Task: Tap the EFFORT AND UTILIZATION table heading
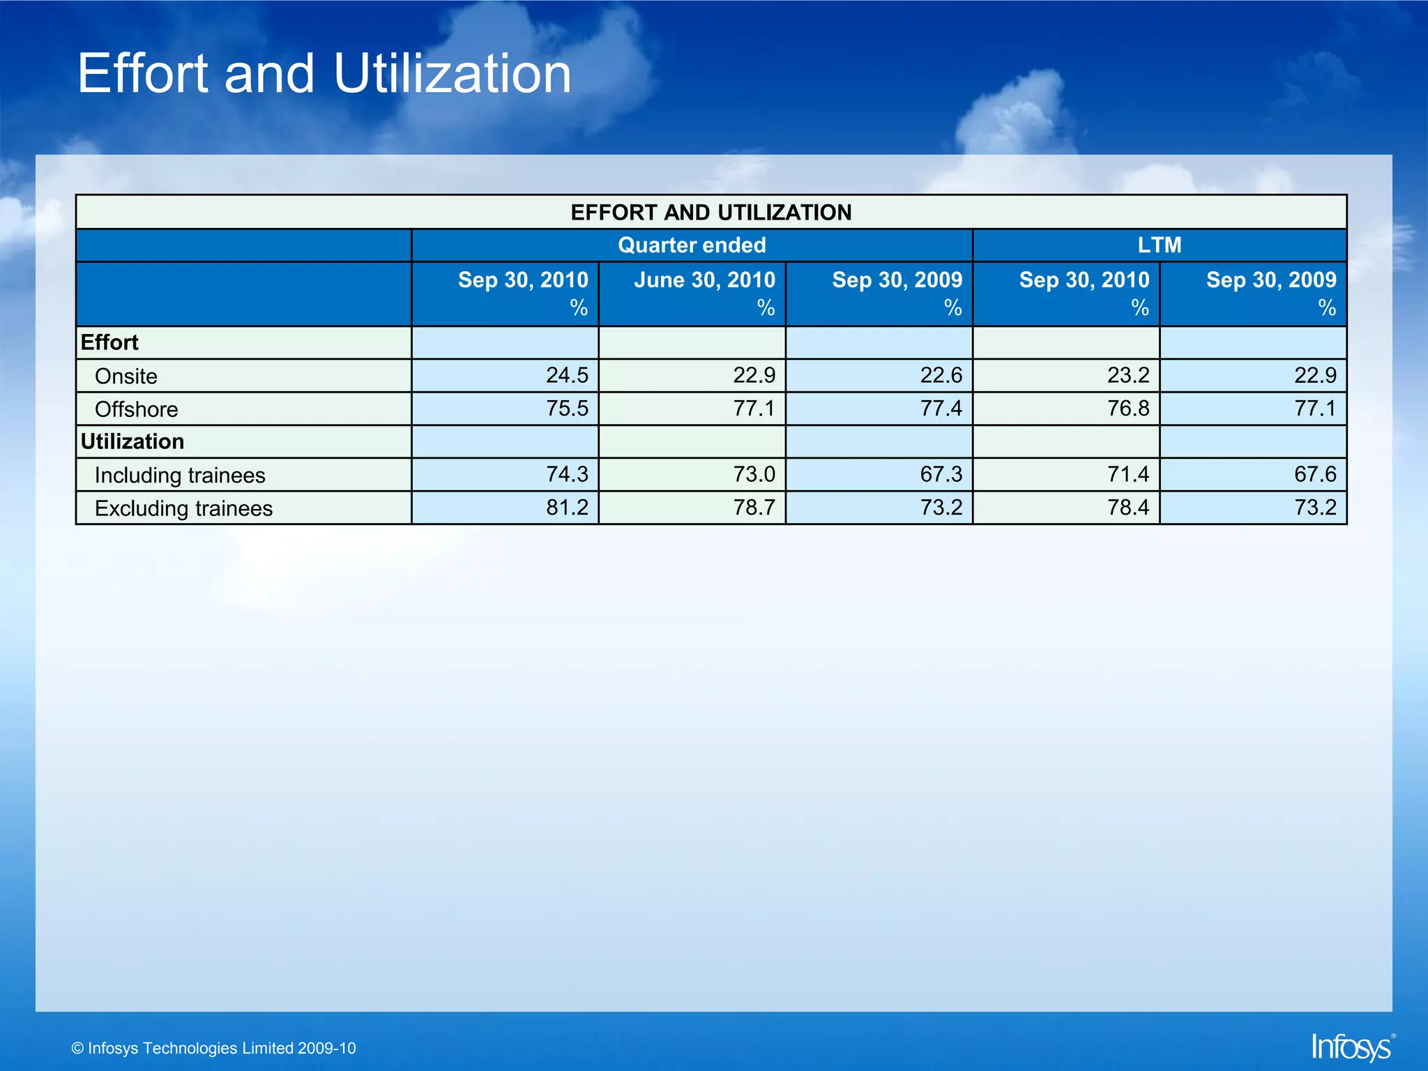point(711,212)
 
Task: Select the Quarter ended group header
point(692,245)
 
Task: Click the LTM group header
point(1159,245)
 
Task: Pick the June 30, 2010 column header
point(704,280)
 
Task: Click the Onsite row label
point(126,377)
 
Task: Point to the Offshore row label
point(137,409)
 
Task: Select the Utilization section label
point(132,441)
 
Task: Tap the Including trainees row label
point(180,476)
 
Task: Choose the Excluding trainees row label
point(183,508)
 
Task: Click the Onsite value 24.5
point(567,376)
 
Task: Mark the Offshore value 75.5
point(567,409)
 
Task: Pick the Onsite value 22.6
point(941,376)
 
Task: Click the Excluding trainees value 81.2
point(567,508)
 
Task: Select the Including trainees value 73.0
point(754,475)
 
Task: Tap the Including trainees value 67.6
point(1315,475)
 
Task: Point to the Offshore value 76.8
point(1128,409)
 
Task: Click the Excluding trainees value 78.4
point(1128,508)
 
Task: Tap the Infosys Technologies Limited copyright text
point(214,1048)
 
